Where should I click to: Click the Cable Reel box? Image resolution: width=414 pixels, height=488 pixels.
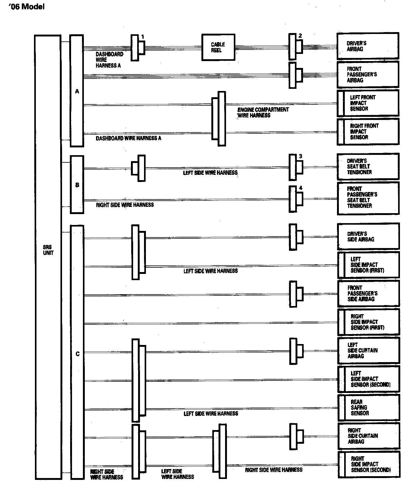218,47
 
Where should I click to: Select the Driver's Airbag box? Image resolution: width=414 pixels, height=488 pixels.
368,46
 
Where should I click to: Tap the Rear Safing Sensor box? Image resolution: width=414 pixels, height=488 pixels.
368,407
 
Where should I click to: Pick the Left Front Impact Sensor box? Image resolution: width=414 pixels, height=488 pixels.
368,103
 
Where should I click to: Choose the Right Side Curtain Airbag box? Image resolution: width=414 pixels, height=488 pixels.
369,436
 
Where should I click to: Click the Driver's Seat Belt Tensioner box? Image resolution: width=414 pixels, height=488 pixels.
368,166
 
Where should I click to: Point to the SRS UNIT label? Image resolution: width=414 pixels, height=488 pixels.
48,250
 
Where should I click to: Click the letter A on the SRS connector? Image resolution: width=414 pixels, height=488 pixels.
77,92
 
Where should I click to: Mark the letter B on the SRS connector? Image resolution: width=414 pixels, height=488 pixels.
77,185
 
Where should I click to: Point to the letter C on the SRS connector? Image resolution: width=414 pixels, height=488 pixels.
78,354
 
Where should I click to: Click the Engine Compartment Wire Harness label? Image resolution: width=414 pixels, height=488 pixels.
263,112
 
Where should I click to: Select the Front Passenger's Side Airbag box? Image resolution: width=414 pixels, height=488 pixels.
368,293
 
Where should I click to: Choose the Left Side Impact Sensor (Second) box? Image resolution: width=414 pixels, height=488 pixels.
369,379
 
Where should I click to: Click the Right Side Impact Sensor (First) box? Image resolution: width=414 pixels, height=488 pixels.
369,322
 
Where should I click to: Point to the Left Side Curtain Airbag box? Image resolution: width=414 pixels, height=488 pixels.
368,350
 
